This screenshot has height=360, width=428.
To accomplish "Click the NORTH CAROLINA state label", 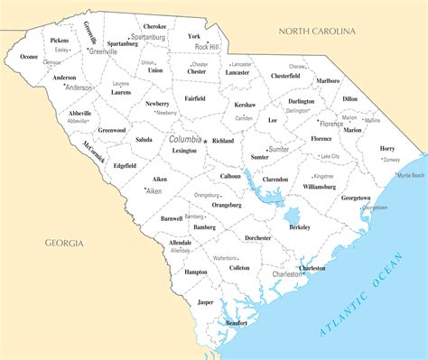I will pos(317,32).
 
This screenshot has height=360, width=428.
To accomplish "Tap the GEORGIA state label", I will pos(64,243).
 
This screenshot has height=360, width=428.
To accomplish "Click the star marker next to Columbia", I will pos(206,142).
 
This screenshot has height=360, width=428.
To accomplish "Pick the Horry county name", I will pos(387,148).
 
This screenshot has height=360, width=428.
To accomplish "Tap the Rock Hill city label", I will pos(207,46).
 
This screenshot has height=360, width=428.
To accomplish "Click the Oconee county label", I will pos(29,57).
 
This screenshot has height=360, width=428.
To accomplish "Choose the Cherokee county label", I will pos(154,27).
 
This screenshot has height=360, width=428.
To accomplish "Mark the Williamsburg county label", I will pos(319,187).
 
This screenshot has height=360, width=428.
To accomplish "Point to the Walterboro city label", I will pos(225,258).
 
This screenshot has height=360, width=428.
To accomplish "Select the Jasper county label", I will pos(206,301).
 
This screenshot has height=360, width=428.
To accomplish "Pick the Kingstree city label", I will pos(323,176).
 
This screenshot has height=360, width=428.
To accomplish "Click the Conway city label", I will pos(391,160).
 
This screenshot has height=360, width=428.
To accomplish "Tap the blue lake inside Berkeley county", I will pos(292,217).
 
